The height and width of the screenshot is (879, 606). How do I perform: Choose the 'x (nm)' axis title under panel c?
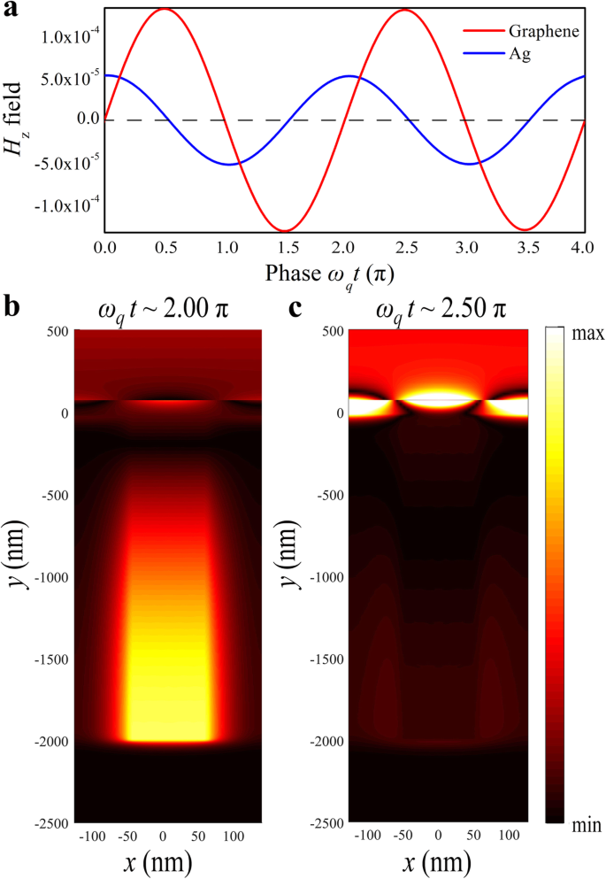tap(439, 860)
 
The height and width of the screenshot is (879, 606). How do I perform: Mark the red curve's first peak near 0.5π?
tap(165, 9)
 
